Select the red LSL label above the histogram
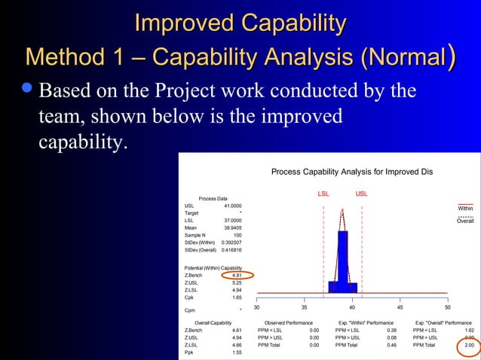[323, 194]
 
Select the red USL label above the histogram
[362, 194]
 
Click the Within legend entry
[465, 209]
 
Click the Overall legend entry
[465, 221]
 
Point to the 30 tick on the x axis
[256, 307]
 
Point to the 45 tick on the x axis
[400, 307]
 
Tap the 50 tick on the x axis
[448, 307]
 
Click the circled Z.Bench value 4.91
[236, 276]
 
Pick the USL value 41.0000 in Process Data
[233, 206]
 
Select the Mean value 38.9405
[233, 227]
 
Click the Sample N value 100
[237, 235]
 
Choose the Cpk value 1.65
[236, 297]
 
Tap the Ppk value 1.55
[236, 352]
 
